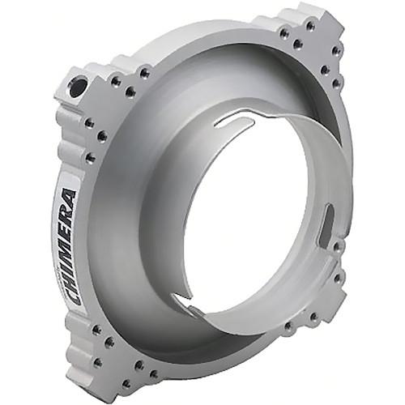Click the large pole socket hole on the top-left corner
point(78,87)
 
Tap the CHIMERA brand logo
point(69,247)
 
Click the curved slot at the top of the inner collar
point(235,125)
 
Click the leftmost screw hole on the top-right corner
point(285,33)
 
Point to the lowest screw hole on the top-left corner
point(90,158)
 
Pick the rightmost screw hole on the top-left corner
point(144,73)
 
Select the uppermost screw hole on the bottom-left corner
point(96,330)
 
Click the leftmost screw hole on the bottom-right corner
point(288,327)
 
